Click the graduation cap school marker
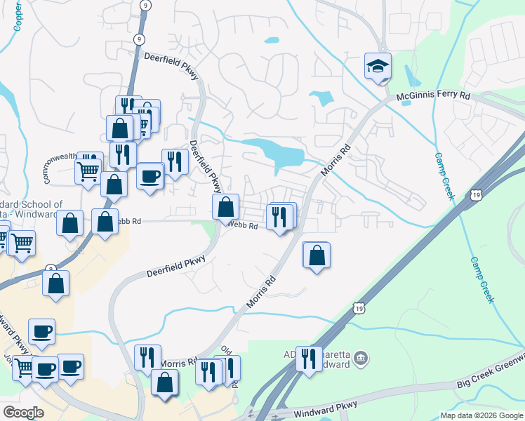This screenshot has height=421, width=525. click(378, 67)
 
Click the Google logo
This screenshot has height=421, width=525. click(23, 413)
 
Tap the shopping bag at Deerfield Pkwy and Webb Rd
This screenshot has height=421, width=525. click(225, 207)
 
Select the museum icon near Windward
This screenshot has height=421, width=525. click(361, 359)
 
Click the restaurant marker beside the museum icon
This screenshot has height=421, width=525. click(308, 359)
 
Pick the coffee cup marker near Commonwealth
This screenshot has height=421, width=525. click(149, 176)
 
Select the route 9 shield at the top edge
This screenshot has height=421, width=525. click(144, 5)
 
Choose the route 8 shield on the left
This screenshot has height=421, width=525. click(50, 269)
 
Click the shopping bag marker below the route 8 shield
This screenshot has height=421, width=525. click(56, 283)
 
